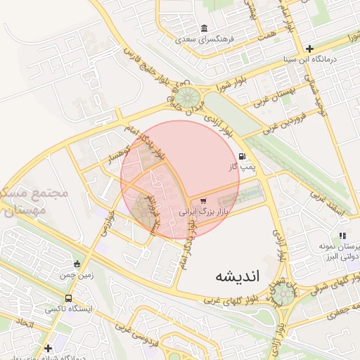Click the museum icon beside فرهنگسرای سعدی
coord(204,29)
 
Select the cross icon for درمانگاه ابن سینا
coord(309,49)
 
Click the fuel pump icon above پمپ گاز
coord(243,156)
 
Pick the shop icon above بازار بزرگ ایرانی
coord(204,201)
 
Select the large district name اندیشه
coord(238,276)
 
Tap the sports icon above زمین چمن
coord(77,264)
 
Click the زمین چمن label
coord(77,276)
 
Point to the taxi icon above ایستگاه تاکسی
coord(67,297)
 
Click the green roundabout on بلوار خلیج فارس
coord(186,98)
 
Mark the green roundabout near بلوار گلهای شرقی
coord(283,294)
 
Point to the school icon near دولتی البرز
coord(342,236)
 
